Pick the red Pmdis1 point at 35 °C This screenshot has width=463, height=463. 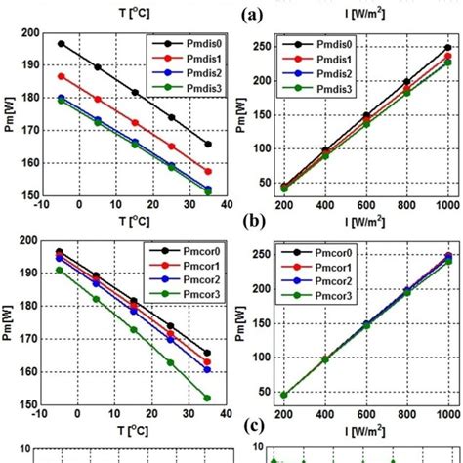coord(208,171)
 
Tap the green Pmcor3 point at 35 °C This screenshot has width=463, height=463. coord(208,398)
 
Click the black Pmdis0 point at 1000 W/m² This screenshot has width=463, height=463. coord(447,47)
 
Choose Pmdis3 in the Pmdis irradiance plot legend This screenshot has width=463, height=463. coord(326,88)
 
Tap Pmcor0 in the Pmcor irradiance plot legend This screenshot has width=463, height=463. coord(326,252)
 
